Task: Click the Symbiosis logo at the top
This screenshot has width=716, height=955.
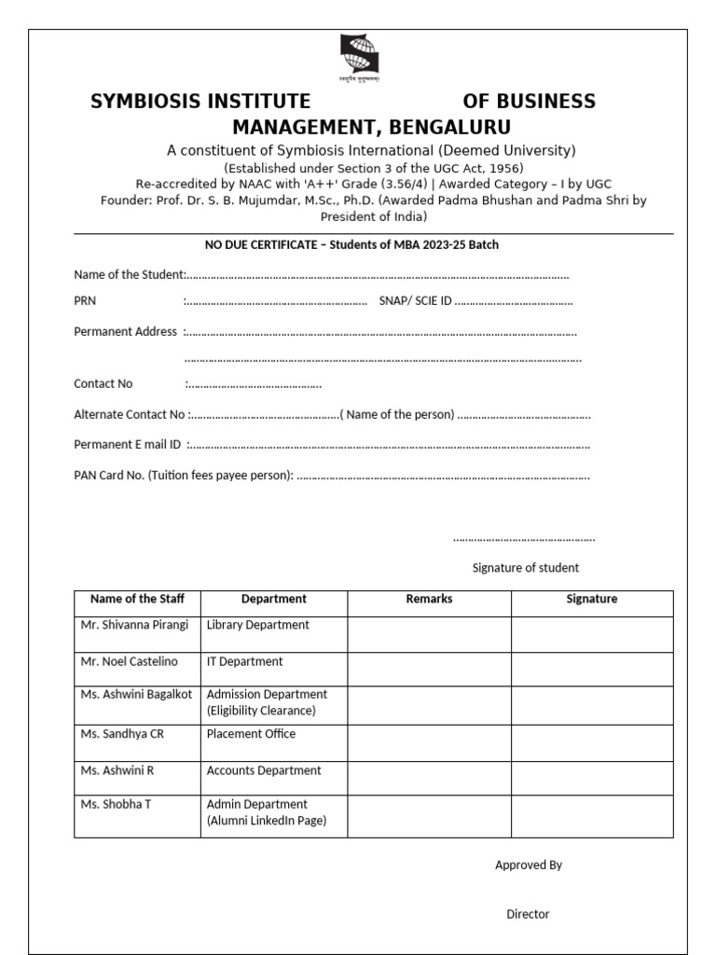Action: [358, 59]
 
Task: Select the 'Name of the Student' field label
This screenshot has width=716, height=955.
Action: [130, 275]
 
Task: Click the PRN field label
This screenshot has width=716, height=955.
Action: [85, 301]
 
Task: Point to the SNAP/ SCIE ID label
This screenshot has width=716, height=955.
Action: [415, 301]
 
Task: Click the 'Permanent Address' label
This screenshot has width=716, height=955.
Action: [125, 331]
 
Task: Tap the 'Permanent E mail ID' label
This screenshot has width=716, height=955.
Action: [127, 445]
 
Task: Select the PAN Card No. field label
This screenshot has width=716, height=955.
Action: [184, 475]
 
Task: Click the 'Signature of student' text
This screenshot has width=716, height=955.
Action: [525, 567]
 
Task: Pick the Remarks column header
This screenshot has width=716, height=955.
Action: [429, 599]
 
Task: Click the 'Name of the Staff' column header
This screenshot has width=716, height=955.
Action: [137, 599]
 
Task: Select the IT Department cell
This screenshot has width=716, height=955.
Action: [244, 661]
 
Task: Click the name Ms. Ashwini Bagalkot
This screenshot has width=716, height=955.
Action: [136, 694]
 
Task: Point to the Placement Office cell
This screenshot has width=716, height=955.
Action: [251, 734]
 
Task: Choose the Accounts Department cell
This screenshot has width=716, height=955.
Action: [263, 770]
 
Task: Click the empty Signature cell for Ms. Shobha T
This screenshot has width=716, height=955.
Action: [591, 816]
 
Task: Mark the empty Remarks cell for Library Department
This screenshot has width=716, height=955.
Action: [429, 634]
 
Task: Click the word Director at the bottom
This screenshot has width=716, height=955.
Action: [528, 914]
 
